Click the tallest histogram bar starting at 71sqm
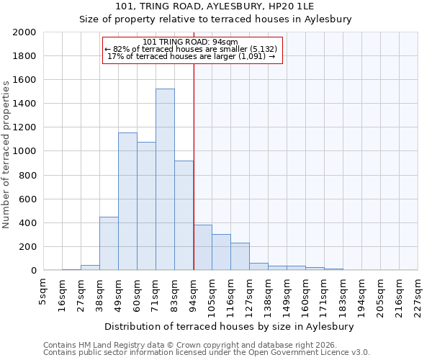(x=165, y=179)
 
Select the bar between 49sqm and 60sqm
(x=127, y=202)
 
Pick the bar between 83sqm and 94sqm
(x=184, y=215)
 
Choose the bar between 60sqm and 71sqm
(x=146, y=206)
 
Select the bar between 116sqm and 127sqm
(x=240, y=256)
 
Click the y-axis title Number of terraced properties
(x=6, y=155)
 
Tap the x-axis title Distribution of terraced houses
(x=234, y=326)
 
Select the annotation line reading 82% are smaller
(x=192, y=49)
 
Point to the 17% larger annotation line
(x=192, y=56)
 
